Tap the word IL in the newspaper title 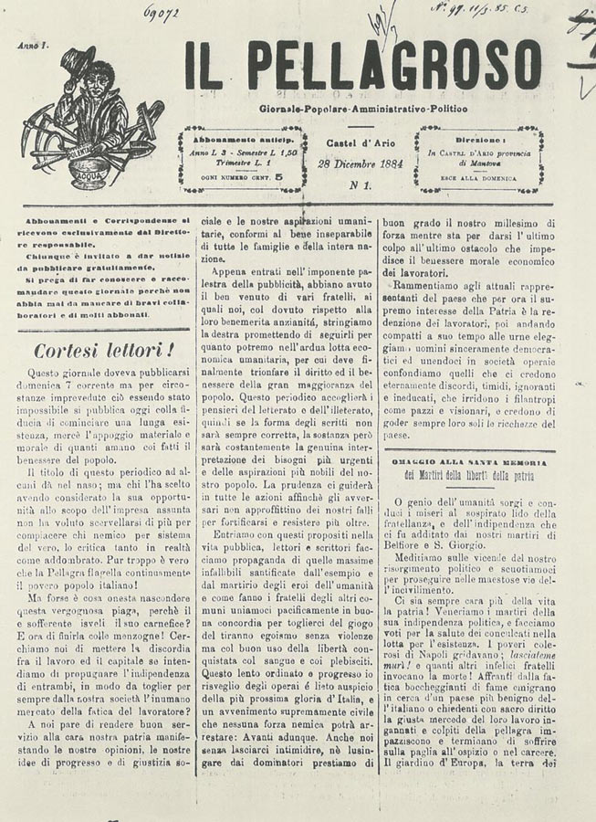pyautogui.click(x=203, y=66)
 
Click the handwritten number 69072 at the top pyautogui.click(x=161, y=12)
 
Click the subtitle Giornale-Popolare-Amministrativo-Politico pyautogui.click(x=361, y=109)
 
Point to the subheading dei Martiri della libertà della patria pyautogui.click(x=469, y=476)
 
